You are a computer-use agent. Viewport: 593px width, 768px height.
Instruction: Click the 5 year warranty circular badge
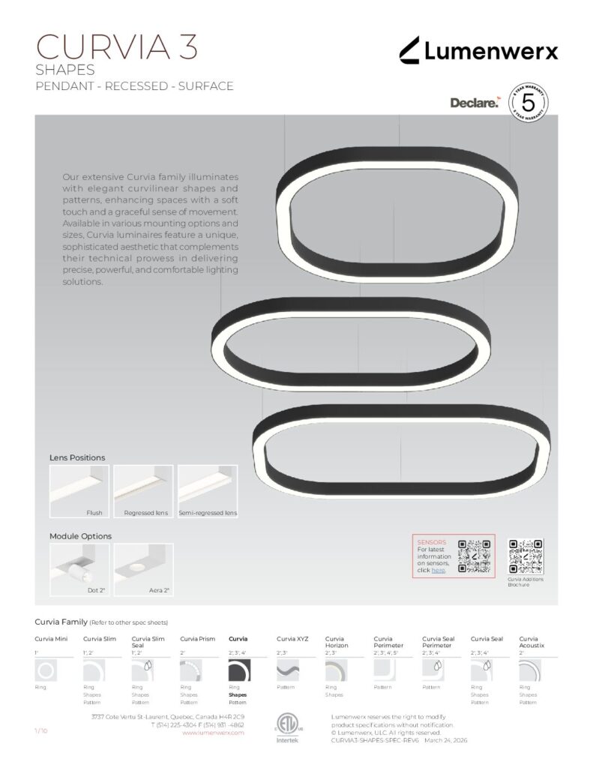tap(527, 101)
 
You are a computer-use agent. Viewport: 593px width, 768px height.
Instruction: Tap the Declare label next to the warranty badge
tap(474, 103)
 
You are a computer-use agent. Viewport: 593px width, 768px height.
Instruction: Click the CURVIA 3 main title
tap(117, 46)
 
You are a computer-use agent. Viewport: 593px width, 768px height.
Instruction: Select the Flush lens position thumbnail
tap(79, 491)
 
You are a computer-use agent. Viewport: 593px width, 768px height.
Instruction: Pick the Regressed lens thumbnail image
tap(143, 491)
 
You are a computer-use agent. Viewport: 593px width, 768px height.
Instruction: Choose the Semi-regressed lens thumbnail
tap(208, 491)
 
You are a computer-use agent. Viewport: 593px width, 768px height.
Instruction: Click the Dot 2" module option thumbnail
tap(79, 570)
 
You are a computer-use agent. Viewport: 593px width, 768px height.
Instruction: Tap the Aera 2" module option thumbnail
tap(143, 570)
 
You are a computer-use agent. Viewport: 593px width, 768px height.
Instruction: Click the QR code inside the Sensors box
tap(475, 556)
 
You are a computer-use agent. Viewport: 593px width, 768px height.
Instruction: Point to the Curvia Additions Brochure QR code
tap(526, 556)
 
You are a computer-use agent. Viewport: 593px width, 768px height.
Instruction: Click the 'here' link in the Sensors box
tap(439, 571)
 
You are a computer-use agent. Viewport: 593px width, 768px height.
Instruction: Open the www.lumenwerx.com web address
tap(214, 733)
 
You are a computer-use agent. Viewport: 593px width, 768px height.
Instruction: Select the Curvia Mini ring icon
tap(45, 670)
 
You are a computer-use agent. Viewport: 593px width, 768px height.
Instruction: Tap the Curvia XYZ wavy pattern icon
tap(288, 670)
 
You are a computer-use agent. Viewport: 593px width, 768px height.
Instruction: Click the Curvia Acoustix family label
tap(532, 641)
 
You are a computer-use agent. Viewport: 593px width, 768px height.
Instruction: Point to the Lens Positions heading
tap(77, 457)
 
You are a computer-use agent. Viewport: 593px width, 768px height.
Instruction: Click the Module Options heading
tap(80, 536)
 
